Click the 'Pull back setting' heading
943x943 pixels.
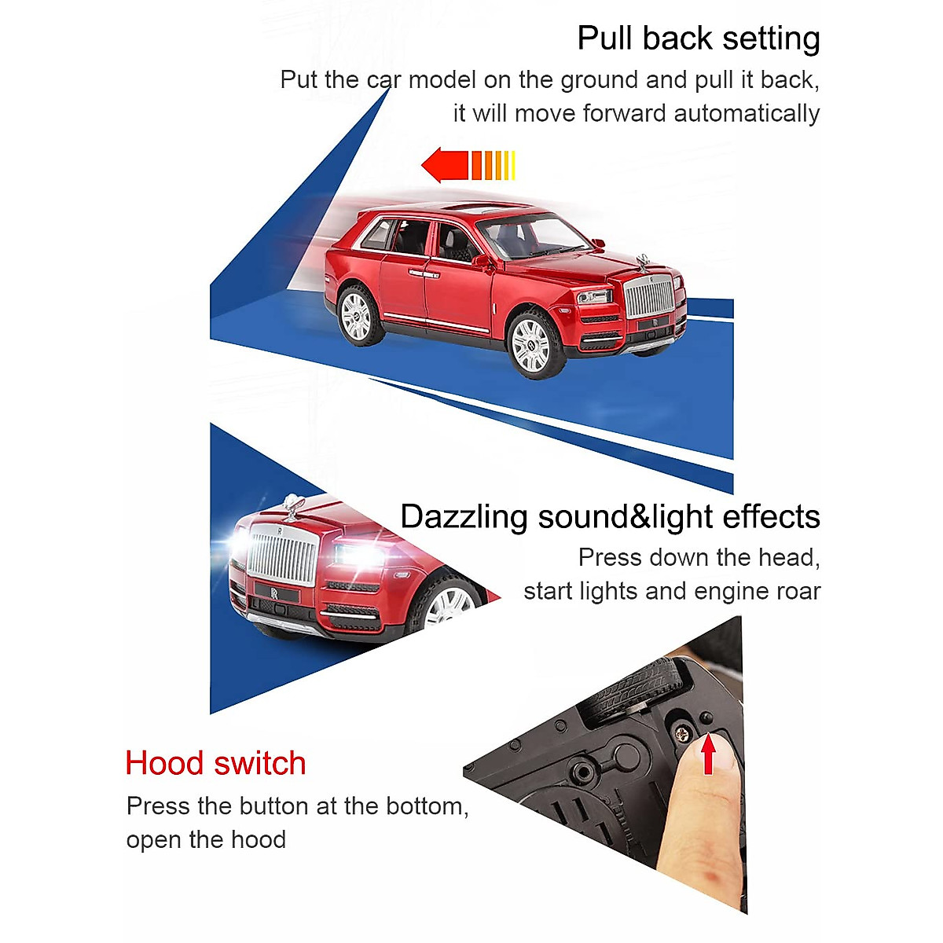[x=698, y=39]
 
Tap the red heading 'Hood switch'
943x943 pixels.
[x=215, y=763]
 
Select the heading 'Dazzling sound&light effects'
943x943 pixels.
[x=610, y=517]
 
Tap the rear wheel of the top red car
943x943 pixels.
[x=358, y=316]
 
